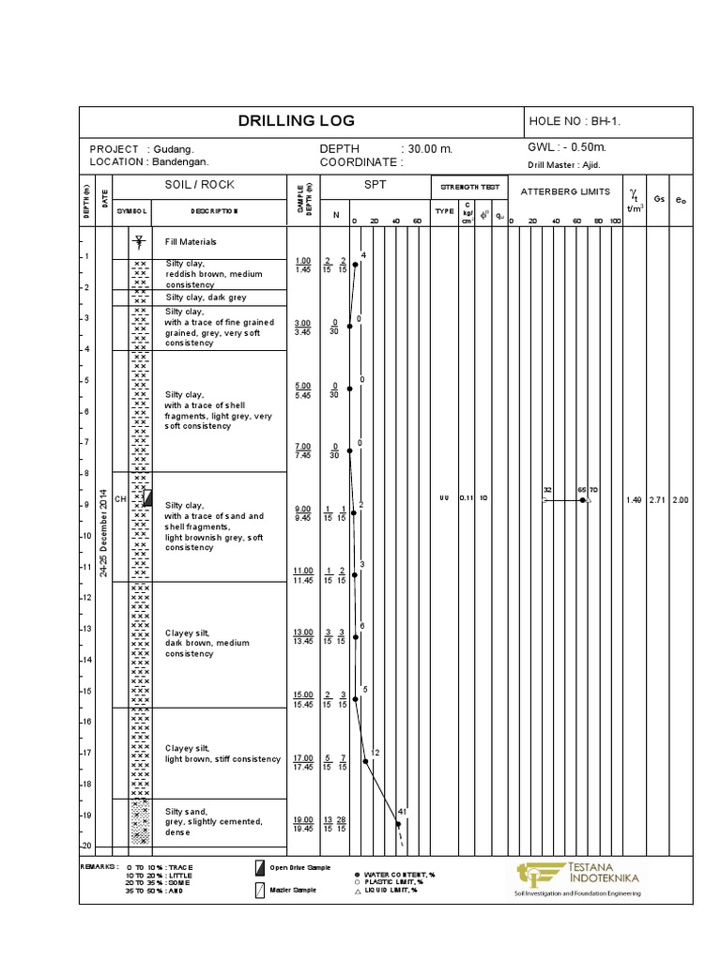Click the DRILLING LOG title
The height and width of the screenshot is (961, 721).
point(296,121)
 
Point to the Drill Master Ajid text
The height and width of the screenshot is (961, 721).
point(563,164)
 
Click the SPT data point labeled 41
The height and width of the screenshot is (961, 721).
point(398,824)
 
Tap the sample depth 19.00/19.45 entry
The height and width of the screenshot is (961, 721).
point(302,824)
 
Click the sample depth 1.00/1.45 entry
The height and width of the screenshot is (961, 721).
point(302,265)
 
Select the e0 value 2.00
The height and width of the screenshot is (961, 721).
point(680,500)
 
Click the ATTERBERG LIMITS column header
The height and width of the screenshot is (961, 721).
point(565,191)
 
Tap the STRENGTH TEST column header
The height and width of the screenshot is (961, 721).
point(469,187)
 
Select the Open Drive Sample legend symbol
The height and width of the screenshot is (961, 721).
point(260,867)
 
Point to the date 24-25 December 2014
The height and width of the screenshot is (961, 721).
point(104,532)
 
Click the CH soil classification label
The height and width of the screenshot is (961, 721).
point(120,498)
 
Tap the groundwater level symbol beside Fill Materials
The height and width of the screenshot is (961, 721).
point(139,241)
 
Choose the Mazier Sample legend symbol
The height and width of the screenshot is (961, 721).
point(260,890)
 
